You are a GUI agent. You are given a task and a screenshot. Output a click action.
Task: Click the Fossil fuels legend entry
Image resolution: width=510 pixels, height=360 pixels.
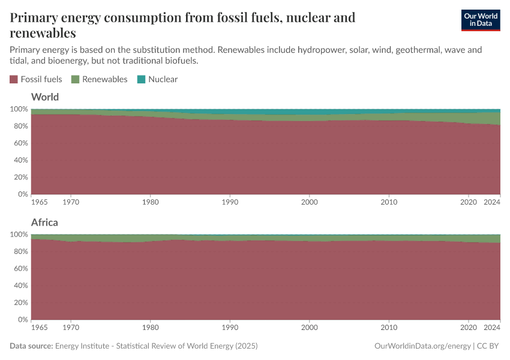pos(36,79)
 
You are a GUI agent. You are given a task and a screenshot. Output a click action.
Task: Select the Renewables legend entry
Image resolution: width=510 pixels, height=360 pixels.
pos(100,79)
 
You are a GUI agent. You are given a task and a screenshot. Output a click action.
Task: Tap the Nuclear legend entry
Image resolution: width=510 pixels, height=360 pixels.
pos(157,79)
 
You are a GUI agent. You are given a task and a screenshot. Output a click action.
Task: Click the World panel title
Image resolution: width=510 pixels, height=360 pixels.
pos(45,97)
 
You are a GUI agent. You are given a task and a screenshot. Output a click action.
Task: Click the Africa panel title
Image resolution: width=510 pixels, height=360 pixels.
pos(44,223)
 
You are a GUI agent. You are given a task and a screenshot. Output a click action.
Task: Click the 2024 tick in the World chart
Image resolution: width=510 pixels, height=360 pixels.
pos(492,203)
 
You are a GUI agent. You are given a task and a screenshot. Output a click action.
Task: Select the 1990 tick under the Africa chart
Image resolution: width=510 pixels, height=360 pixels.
pos(230,328)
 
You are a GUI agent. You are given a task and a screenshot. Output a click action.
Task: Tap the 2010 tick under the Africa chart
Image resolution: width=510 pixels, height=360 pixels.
pos(389,328)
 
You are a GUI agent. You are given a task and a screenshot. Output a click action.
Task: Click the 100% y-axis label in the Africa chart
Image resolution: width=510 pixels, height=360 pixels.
pos(18,235)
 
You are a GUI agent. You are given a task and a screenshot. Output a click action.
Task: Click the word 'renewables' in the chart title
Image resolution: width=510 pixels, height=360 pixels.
pos(43,33)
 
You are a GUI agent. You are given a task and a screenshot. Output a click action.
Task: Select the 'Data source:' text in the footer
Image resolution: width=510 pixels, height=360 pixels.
pos(31,346)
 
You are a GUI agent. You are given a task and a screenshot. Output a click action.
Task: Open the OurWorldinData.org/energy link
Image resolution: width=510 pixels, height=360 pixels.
pos(422,346)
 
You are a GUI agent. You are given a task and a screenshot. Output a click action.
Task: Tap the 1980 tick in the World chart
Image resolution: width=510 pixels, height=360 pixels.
pos(151,203)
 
